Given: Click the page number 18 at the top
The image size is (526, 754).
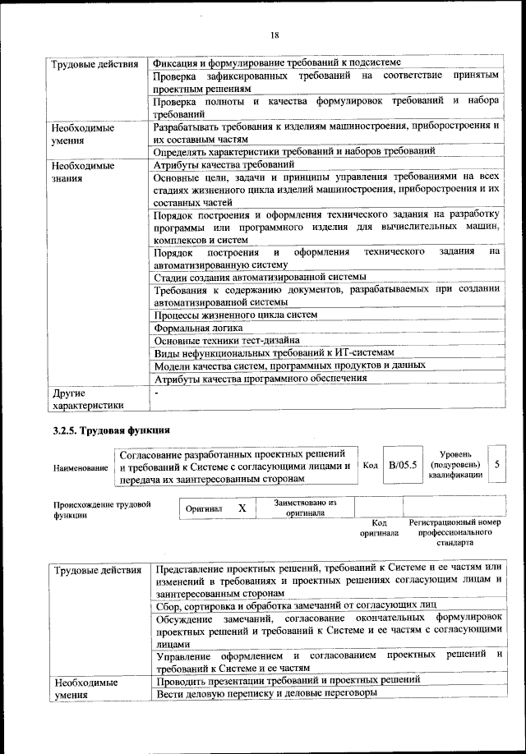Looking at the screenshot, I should (275, 34).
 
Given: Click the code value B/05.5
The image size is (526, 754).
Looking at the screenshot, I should (403, 465).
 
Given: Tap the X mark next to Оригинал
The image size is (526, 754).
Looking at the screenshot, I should (242, 508).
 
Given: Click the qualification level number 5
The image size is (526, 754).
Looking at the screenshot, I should (496, 465).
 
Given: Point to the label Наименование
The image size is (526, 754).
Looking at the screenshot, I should (81, 467).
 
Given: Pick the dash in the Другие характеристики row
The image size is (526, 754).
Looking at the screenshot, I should (156, 393).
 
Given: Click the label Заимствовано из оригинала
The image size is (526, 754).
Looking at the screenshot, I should (304, 508).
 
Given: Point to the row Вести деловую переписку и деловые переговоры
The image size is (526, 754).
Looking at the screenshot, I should (265, 693).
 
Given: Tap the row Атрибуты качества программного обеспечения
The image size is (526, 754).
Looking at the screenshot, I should (260, 378).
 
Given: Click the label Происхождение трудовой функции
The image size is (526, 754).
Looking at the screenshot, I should (102, 510).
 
